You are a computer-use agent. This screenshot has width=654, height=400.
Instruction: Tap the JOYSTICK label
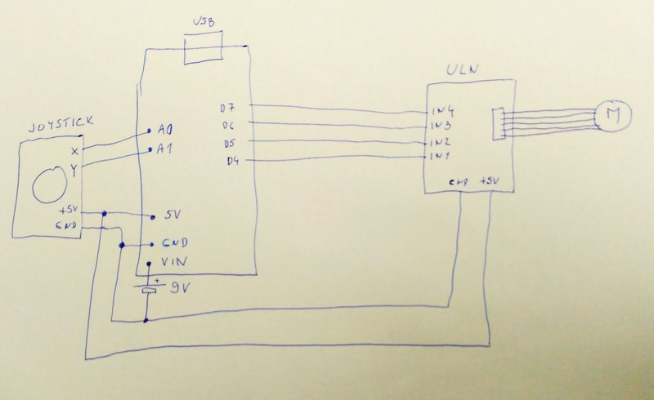coord(60,124)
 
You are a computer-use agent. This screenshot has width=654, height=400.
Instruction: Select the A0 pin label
coord(166,130)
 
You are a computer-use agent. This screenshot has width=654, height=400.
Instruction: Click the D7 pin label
coord(228,108)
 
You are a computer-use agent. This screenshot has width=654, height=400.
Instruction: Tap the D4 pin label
coord(233,160)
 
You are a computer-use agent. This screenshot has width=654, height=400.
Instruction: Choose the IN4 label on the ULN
coord(442,112)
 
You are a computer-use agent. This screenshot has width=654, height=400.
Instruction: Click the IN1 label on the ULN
coord(441,155)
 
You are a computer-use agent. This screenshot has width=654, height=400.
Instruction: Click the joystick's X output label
coord(74,152)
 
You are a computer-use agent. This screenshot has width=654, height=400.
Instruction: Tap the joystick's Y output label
coord(74,170)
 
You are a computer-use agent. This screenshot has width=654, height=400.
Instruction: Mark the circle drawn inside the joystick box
coord(48,184)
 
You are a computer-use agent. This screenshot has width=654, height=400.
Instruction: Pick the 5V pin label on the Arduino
coord(172,216)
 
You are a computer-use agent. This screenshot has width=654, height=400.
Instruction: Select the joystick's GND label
coord(67,224)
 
